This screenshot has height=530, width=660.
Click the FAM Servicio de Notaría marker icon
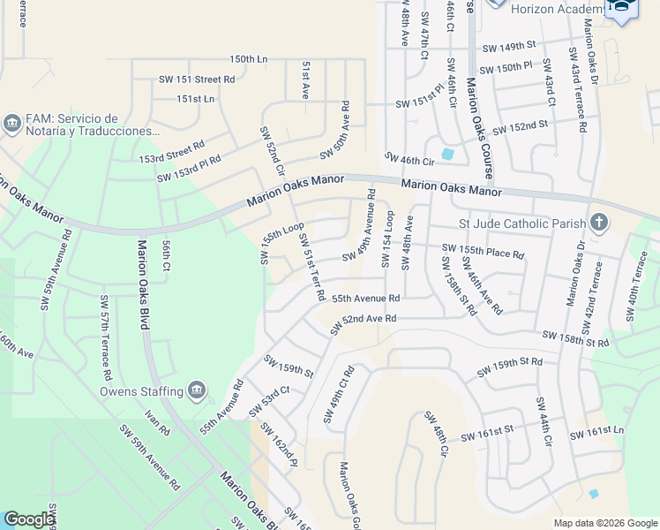click(12, 123)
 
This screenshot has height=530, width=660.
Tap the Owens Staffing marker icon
click(196, 390)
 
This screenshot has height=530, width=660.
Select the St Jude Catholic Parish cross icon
click(599, 222)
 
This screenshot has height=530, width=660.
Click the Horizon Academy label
click(560, 8)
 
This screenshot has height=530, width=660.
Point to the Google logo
click(29, 519)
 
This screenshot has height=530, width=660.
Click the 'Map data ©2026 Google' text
click(604, 522)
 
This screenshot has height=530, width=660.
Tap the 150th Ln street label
click(248, 59)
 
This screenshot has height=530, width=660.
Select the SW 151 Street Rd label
click(197, 79)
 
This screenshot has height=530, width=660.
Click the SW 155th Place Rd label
click(483, 253)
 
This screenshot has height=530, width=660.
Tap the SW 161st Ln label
click(596, 431)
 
